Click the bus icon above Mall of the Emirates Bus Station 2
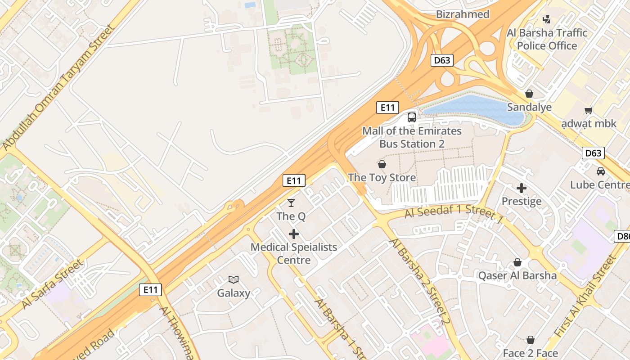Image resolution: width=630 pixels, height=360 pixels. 412,117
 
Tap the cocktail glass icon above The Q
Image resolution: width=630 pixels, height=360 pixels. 291,203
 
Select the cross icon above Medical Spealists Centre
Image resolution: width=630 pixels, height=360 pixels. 294,234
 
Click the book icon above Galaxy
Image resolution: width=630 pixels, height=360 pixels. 233,280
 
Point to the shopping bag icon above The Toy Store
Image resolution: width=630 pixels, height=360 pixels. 382,164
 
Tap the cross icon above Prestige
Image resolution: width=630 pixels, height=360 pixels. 522,188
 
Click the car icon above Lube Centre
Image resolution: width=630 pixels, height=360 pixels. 601,171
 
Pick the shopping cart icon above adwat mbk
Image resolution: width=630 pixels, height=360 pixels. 588,110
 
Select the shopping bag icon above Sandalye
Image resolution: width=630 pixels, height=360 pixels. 529,94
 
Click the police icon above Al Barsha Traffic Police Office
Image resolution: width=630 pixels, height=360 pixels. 547,19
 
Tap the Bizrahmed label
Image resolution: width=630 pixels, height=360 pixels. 463,14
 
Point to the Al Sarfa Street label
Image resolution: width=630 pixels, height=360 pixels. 52,284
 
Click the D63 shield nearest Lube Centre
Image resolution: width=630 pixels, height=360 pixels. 593,153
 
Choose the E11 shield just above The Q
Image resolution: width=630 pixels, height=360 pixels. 294,181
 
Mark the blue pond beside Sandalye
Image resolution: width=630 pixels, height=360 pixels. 475,109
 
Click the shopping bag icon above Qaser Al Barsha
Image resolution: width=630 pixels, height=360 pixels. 517,262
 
